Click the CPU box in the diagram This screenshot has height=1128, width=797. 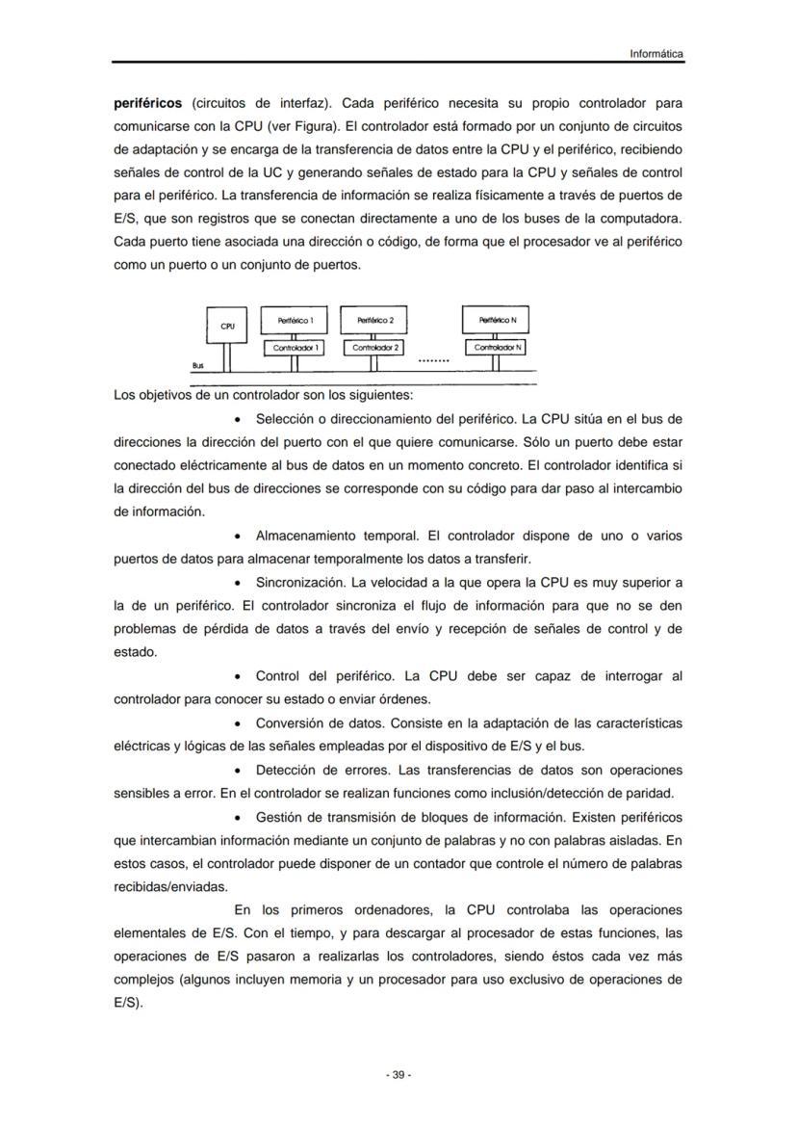pyautogui.click(x=227, y=327)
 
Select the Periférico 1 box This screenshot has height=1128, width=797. pyautogui.click(x=294, y=320)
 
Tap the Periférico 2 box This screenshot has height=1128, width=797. pyautogui.click(x=375, y=320)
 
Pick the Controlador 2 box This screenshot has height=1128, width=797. pyautogui.click(x=376, y=347)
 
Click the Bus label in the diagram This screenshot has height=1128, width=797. pyautogui.click(x=197, y=366)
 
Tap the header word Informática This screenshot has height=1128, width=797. pyautogui.click(x=656, y=54)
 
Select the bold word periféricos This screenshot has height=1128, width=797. pyautogui.click(x=147, y=102)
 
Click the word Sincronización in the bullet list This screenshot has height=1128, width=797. pyautogui.click(x=299, y=582)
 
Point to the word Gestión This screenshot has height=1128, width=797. pyautogui.click(x=279, y=817)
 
